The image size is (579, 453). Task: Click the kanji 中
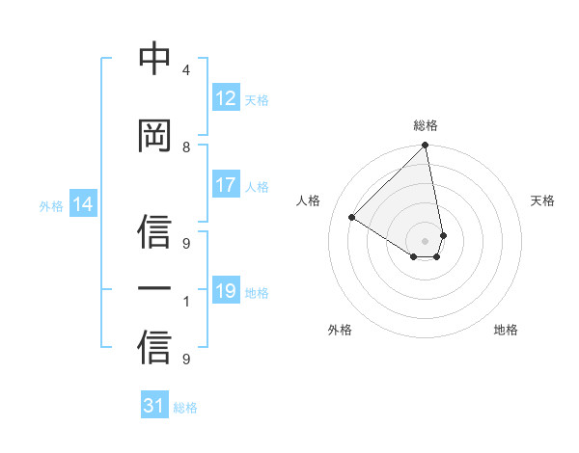click(154, 59)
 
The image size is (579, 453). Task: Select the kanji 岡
click(154, 136)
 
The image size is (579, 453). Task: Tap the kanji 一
click(154, 289)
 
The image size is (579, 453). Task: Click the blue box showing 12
click(226, 98)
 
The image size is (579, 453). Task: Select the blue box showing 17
click(226, 185)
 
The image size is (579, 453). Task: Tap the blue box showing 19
click(226, 291)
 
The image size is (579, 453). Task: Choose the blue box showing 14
click(83, 204)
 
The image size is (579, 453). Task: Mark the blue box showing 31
click(154, 406)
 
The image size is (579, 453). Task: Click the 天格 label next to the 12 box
click(257, 99)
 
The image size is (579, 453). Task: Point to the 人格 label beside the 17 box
click(257, 186)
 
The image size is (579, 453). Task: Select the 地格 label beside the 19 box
click(257, 292)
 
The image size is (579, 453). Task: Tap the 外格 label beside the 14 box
click(51, 205)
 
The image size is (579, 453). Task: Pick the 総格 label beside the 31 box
click(185, 407)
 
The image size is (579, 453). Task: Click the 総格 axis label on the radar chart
click(426, 125)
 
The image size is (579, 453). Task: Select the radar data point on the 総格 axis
click(426, 147)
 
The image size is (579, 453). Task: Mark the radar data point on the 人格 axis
click(352, 218)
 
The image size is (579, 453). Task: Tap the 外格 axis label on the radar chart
click(340, 330)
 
